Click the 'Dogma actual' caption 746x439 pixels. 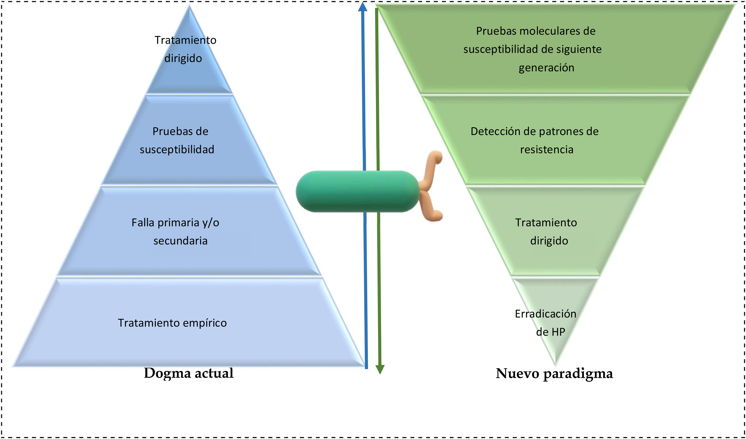189,373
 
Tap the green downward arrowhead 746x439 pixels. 380,369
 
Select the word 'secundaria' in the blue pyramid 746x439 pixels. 180,241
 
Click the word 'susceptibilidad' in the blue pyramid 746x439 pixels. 177,149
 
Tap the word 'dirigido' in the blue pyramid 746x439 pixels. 183,58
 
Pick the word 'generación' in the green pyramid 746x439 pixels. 546,68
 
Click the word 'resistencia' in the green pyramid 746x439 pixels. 547,149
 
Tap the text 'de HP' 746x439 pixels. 551,332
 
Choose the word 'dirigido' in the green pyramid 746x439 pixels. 549,241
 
